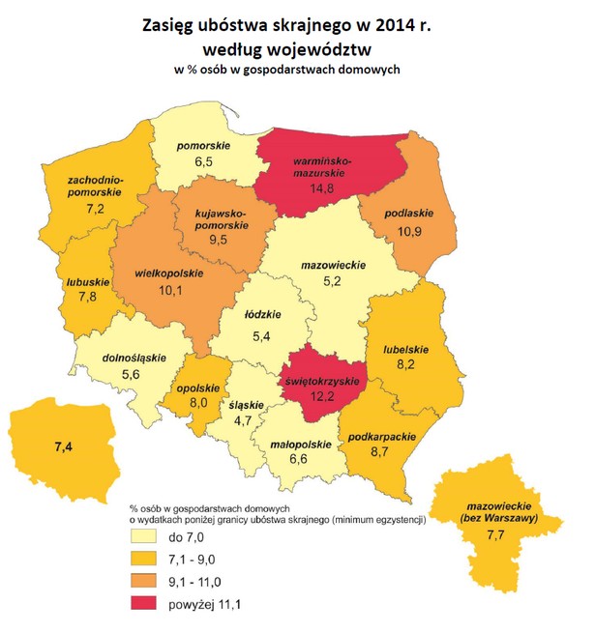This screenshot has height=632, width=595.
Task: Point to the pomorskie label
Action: [203, 147]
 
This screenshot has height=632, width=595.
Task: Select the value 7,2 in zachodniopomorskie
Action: [95, 208]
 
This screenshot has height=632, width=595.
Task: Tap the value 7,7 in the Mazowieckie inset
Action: [503, 534]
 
